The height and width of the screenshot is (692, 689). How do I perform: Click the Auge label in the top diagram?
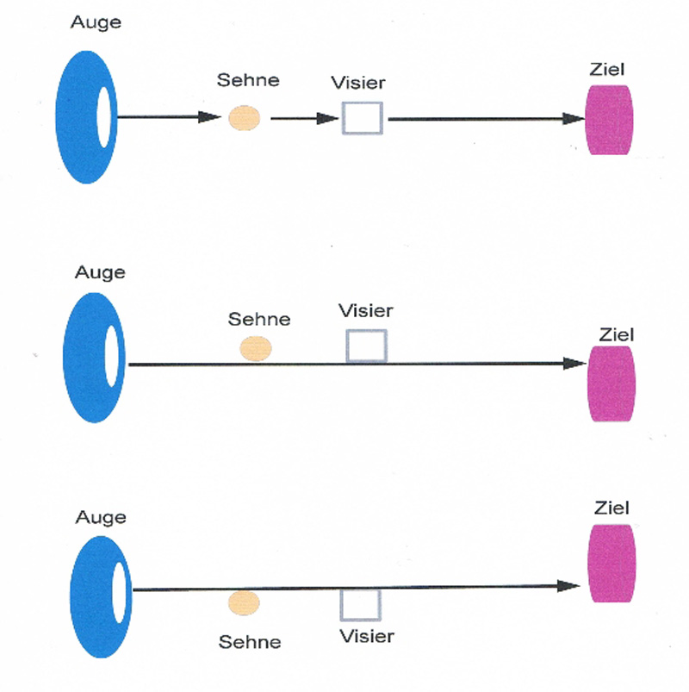(x=96, y=22)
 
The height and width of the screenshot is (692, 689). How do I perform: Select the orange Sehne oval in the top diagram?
(x=245, y=117)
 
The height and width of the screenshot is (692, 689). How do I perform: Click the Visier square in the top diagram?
(x=362, y=118)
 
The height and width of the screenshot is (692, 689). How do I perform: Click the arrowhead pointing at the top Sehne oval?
(x=212, y=117)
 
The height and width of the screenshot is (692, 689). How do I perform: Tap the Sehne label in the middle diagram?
(x=258, y=320)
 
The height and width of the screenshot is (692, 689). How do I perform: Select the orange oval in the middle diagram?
(x=256, y=348)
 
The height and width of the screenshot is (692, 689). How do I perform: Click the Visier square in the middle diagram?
(x=366, y=346)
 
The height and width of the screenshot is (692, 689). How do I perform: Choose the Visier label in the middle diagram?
(x=365, y=311)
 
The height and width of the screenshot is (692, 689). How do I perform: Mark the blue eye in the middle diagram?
(x=86, y=358)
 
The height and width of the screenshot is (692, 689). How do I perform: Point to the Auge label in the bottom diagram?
(x=101, y=518)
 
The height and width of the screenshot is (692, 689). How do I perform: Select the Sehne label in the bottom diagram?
(x=250, y=642)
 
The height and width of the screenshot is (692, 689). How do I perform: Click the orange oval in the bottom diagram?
(x=244, y=603)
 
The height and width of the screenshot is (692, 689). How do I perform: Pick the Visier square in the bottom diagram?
(x=356, y=604)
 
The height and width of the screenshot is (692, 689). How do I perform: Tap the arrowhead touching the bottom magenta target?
(x=569, y=586)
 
